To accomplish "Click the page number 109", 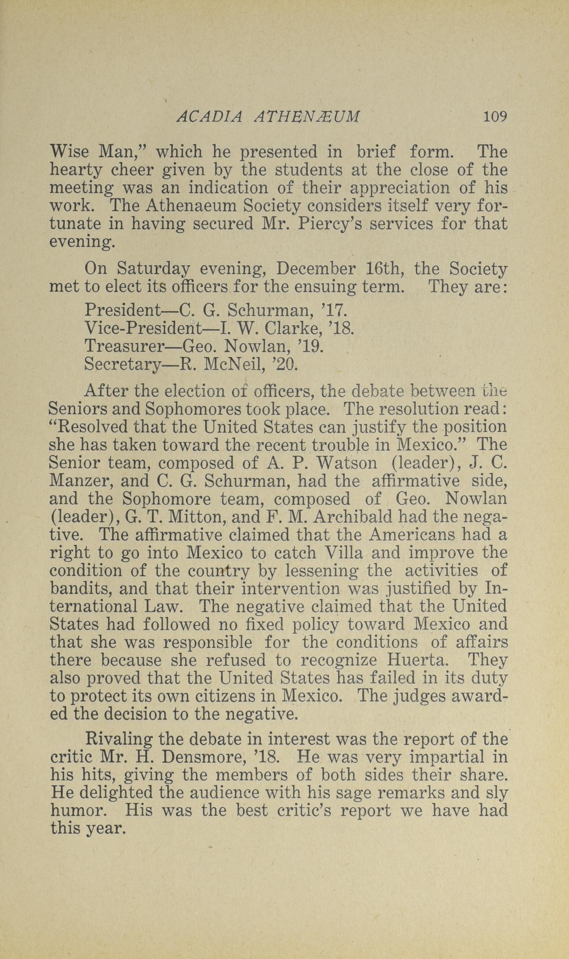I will point(495,116).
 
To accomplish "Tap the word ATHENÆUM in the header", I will point(307,117).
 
